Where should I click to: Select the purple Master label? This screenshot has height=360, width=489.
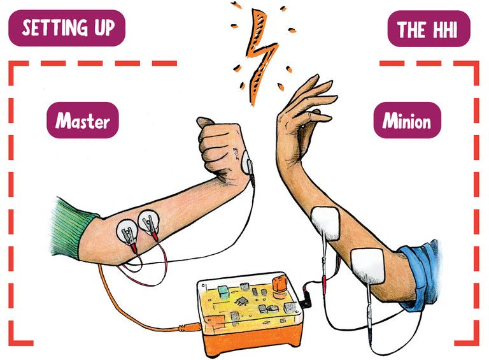[x=82, y=120]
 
